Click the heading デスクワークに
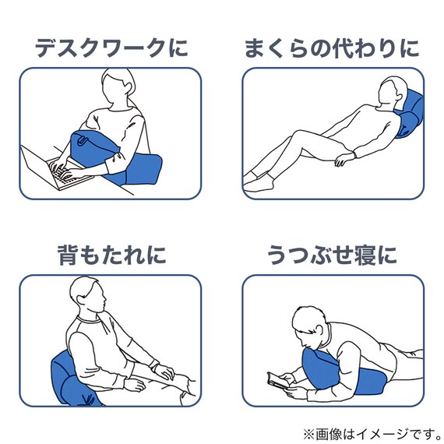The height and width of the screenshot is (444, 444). [x=111, y=48]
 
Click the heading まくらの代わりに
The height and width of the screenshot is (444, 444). [x=332, y=48]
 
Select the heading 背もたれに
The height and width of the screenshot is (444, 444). [x=111, y=254]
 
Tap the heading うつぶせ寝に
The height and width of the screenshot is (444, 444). [x=332, y=254]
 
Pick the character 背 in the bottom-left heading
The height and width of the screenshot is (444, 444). [x=69, y=254]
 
